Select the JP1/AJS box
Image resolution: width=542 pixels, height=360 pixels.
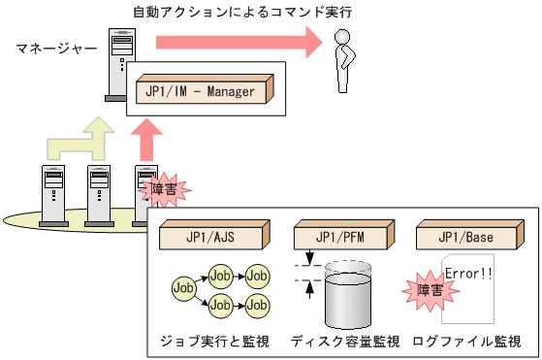208,237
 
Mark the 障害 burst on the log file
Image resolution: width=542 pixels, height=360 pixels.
423,290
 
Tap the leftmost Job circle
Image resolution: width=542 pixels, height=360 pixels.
182,287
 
